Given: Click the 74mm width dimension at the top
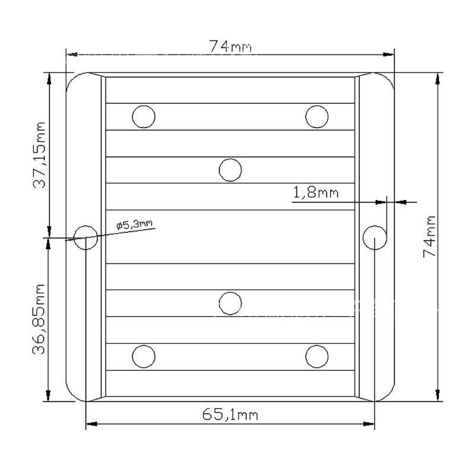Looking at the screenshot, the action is point(230,46).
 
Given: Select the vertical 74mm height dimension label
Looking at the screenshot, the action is point(429,236).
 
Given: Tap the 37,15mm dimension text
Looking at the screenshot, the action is point(39,155).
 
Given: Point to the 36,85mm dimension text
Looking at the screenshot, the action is point(39,319).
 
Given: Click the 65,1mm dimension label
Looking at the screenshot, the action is point(230,414).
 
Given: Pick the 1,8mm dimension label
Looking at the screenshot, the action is point(316,192).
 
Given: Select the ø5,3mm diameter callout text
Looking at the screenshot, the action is point(135,224).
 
